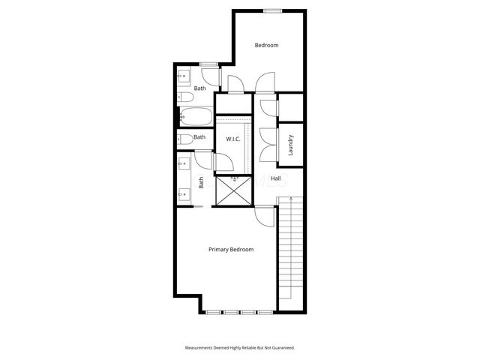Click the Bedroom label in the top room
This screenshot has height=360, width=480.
(x=266, y=46)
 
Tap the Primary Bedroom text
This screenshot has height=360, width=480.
(x=231, y=250)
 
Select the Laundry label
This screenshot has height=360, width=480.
(x=290, y=143)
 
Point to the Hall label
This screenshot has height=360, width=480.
(x=276, y=178)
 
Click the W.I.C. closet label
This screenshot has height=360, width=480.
(x=232, y=139)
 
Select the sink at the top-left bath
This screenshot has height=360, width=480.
(x=184, y=76)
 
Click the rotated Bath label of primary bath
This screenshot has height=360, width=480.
(x=201, y=182)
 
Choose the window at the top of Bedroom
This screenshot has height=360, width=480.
(x=273, y=10)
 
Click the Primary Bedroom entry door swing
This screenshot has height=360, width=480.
(x=264, y=217)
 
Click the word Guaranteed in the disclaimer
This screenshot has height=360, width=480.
(x=279, y=348)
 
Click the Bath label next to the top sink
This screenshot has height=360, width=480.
(x=199, y=88)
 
